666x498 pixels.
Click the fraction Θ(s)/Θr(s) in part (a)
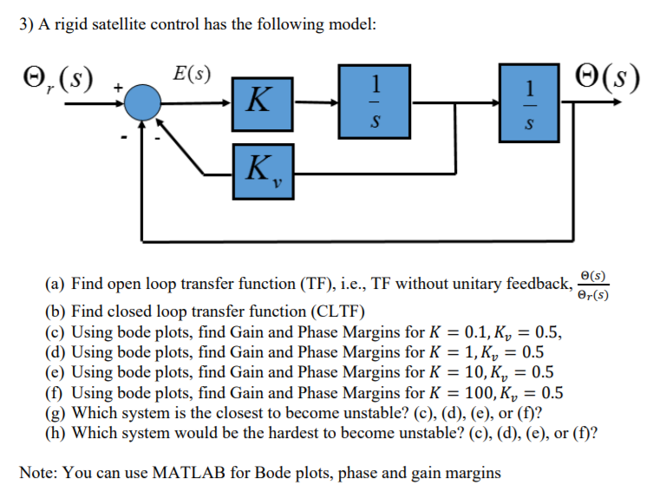coord(593,283)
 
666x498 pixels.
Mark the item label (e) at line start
coord(56,372)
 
